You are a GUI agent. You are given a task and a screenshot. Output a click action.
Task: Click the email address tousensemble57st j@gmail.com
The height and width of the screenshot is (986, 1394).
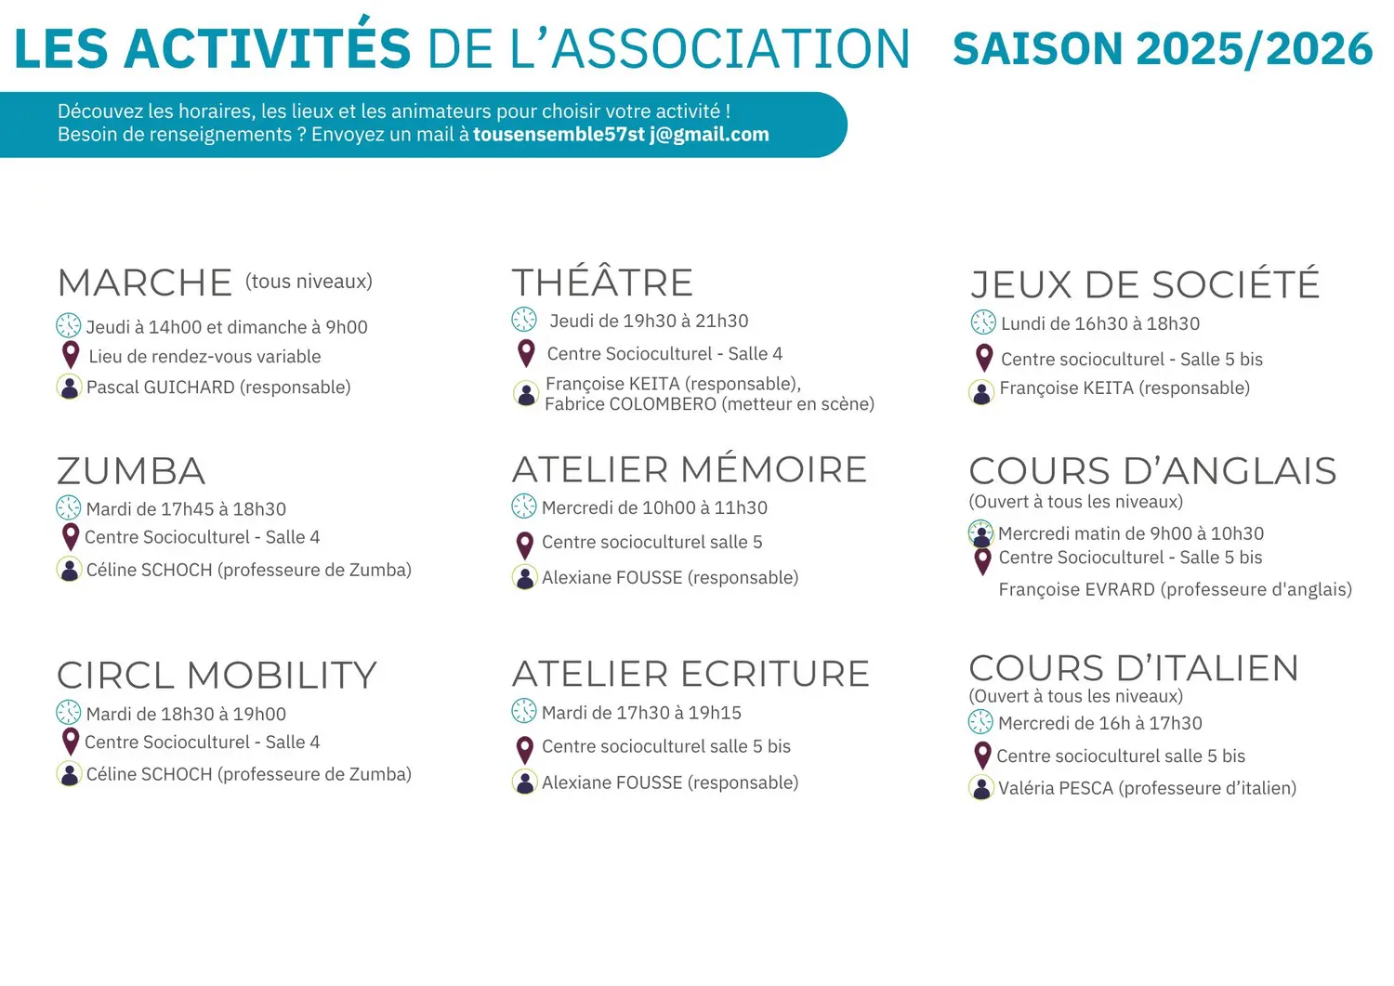point(621,135)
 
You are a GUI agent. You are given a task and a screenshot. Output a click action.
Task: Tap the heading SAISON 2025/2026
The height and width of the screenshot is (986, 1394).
point(1163,48)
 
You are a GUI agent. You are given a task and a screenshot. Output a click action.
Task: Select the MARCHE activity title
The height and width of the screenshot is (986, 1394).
point(144,283)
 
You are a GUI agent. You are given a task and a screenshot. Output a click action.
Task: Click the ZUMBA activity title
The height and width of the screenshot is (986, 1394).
point(131,470)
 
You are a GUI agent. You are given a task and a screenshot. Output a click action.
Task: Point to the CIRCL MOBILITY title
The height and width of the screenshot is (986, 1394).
point(217,675)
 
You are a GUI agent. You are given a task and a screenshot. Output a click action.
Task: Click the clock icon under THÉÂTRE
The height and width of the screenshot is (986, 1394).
point(524,320)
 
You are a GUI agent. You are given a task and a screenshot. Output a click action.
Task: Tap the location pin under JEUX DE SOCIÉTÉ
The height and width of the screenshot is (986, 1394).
point(984,358)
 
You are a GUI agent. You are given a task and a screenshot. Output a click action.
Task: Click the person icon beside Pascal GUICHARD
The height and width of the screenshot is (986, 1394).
point(69,387)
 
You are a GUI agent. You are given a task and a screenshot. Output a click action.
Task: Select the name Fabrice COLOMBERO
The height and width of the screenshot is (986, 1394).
point(630,404)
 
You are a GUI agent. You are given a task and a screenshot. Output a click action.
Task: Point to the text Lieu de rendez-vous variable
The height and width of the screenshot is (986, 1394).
point(204,357)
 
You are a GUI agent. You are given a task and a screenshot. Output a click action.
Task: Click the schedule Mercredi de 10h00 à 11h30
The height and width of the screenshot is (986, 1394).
point(654,508)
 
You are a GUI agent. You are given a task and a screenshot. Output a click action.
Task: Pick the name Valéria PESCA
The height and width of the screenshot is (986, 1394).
point(1056,788)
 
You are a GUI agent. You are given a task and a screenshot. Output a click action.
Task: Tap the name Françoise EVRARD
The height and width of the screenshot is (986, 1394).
point(1076,589)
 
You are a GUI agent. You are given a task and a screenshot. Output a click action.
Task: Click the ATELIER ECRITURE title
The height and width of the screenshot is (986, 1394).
point(690,674)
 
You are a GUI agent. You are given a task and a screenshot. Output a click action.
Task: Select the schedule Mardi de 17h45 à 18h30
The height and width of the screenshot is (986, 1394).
point(186,509)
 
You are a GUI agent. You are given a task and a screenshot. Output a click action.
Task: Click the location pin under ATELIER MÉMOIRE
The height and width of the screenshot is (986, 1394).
point(525,546)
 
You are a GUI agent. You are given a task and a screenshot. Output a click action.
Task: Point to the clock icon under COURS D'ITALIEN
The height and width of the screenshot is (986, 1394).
point(980,722)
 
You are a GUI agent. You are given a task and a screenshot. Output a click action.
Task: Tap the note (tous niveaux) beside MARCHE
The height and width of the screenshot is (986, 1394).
point(309,282)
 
